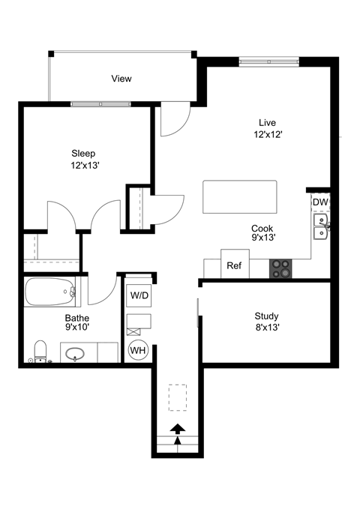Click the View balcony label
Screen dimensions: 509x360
(121, 79)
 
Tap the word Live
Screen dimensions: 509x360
(267, 122)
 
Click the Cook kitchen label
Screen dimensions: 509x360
(262, 229)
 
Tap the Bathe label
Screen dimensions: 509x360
(76, 318)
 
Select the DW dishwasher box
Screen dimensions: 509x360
(320, 202)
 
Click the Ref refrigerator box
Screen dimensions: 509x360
(234, 265)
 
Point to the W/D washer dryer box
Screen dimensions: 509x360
(139, 296)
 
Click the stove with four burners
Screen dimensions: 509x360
(281, 268)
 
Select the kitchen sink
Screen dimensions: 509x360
(321, 226)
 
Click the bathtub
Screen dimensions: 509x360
(51, 292)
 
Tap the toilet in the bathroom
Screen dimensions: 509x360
(41, 351)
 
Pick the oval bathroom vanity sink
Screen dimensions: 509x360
(75, 353)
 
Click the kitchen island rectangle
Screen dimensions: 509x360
(239, 197)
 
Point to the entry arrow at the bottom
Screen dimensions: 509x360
(178, 430)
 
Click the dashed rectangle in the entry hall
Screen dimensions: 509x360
(178, 397)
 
